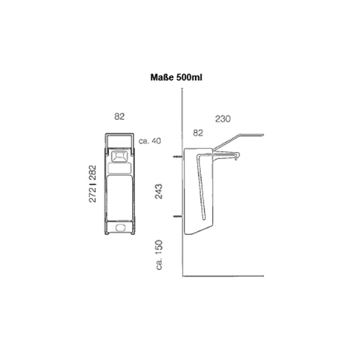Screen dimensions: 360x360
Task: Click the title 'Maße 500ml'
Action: (176, 78)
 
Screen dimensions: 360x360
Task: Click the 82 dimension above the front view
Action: (120, 117)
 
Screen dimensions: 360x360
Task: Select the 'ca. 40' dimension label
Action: (150, 141)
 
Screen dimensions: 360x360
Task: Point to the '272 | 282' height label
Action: (93, 184)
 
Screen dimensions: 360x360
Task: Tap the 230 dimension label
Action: (223, 119)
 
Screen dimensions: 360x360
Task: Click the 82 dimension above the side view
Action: (198, 133)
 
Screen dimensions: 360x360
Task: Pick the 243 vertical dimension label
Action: (159, 192)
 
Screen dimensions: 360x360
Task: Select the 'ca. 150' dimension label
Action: (159, 255)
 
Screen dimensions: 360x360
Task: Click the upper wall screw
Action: (178, 157)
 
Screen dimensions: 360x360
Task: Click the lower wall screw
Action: (178, 216)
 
